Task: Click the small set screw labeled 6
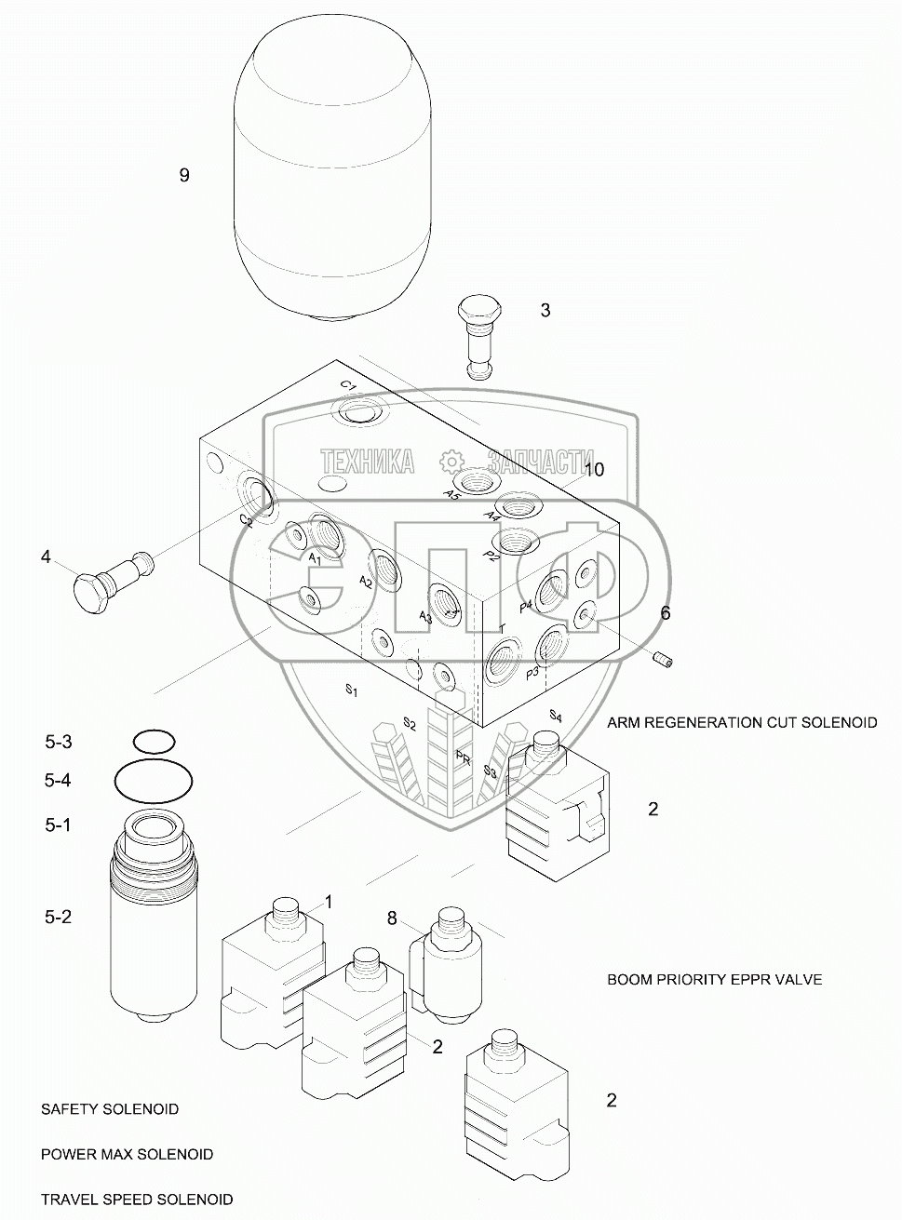pyautogui.click(x=666, y=660)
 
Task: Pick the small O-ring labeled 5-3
pyautogui.click(x=154, y=742)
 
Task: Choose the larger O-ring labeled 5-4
pyautogui.click(x=154, y=779)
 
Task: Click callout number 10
pyautogui.click(x=593, y=470)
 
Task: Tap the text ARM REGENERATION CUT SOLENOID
pyautogui.click(x=742, y=722)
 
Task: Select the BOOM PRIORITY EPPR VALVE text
pyautogui.click(x=714, y=980)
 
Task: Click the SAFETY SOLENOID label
pyautogui.click(x=110, y=1109)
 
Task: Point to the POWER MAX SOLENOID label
pyautogui.click(x=127, y=1154)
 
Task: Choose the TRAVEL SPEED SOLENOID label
pyautogui.click(x=137, y=1200)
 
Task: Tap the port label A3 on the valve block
pyautogui.click(x=425, y=617)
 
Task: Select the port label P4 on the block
pyautogui.click(x=526, y=606)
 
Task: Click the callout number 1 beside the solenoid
pyautogui.click(x=328, y=901)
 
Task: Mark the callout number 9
pyautogui.click(x=184, y=175)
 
